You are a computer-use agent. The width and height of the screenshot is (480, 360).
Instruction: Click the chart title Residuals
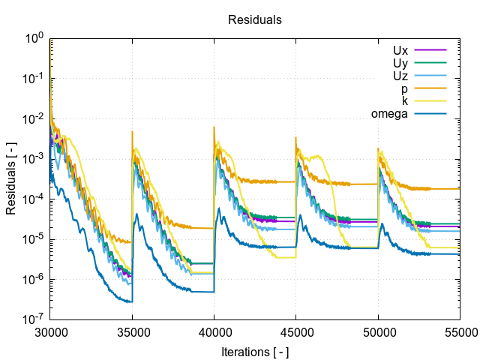(x=255, y=20)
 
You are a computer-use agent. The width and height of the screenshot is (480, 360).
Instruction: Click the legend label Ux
(x=400, y=50)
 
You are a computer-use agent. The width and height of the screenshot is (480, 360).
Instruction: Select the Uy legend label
(x=400, y=63)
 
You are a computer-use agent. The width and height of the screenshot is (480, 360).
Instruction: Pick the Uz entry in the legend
(x=400, y=76)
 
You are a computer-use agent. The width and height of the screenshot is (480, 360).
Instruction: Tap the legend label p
(x=404, y=88)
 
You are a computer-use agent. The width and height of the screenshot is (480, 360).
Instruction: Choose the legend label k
(x=404, y=100)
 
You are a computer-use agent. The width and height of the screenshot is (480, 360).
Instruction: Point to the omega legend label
(x=389, y=113)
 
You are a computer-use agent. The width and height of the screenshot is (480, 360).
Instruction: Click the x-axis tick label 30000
(x=51, y=331)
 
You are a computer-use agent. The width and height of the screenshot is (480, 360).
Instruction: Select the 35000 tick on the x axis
(x=133, y=331)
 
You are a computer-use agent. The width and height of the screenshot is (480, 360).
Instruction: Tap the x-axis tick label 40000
(x=214, y=331)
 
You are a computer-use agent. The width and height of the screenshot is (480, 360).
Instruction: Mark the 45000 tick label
(x=296, y=331)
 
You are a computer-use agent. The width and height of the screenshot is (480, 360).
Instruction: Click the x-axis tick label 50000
(x=378, y=331)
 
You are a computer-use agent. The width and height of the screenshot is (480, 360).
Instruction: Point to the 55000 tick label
(x=459, y=331)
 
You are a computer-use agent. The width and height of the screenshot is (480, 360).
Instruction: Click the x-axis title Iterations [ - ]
(x=255, y=351)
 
